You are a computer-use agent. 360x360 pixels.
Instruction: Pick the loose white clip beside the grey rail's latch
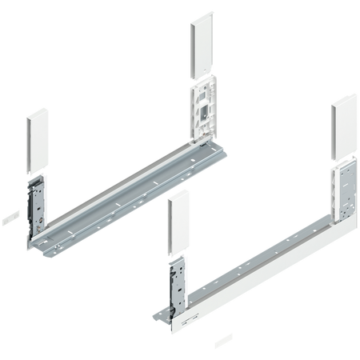9,214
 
